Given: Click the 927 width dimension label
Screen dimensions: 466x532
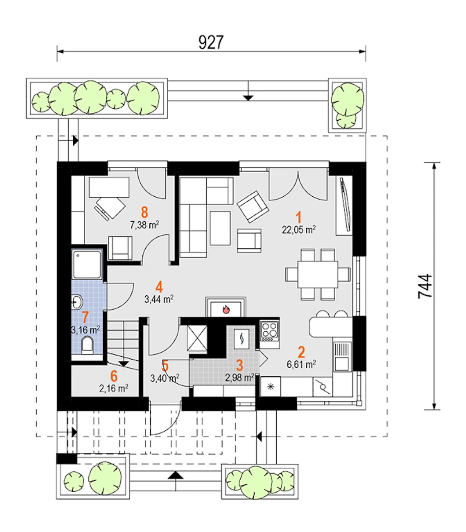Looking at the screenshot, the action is pyautogui.click(x=211, y=43).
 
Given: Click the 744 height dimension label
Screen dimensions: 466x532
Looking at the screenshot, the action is pyautogui.click(x=425, y=286).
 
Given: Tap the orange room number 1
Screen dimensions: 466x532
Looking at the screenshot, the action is pyautogui.click(x=299, y=217).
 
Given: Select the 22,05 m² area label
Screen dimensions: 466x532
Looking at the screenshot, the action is pyautogui.click(x=299, y=229).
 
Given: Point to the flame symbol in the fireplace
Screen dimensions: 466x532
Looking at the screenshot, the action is pyautogui.click(x=226, y=309).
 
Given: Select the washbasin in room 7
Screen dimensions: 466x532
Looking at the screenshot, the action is pyautogui.click(x=77, y=302).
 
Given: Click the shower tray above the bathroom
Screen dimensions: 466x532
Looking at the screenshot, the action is pyautogui.click(x=87, y=264).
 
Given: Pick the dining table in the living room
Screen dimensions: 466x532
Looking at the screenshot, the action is pyautogui.click(x=317, y=274).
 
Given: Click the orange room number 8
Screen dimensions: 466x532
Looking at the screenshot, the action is pyautogui.click(x=145, y=212).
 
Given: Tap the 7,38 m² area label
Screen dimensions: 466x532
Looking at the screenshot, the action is pyautogui.click(x=145, y=225).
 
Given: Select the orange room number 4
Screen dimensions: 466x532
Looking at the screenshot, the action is pyautogui.click(x=159, y=287).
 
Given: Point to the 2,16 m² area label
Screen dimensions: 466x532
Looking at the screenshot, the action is pyautogui.click(x=114, y=388).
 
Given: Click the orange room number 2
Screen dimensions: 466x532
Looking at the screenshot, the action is pyautogui.click(x=301, y=352).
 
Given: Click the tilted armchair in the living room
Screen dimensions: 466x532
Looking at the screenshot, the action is pyautogui.click(x=253, y=207).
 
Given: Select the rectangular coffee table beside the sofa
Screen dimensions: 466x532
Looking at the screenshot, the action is pyautogui.click(x=220, y=228).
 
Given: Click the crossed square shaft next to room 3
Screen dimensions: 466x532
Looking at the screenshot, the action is pyautogui.click(x=197, y=338).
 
